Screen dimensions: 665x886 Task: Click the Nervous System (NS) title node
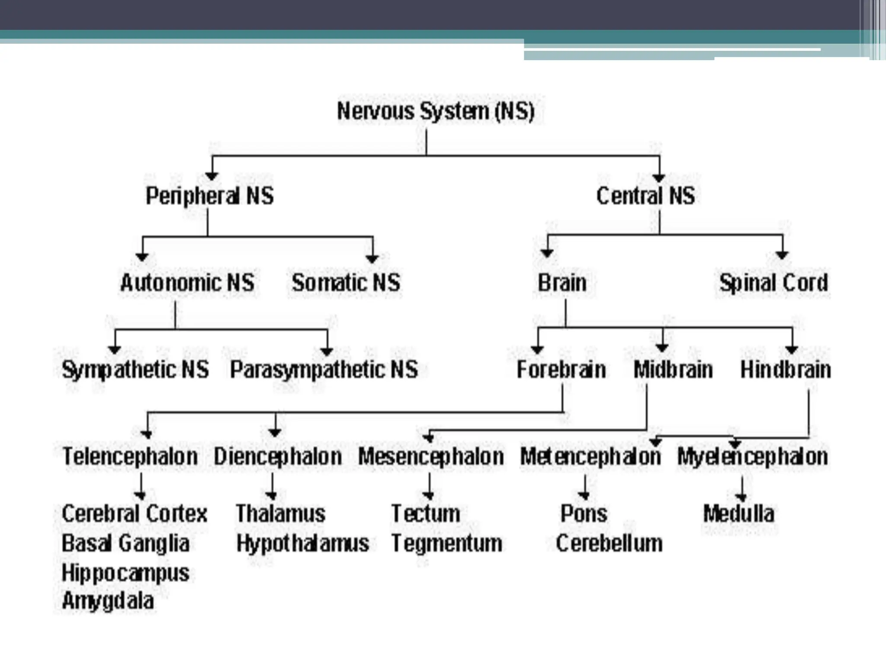[x=436, y=111]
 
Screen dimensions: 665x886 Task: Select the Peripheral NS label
[x=210, y=196]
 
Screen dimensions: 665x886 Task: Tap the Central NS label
[x=645, y=196]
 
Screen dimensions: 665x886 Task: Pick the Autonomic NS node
[x=187, y=283]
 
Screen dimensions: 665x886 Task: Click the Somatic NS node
[x=346, y=283]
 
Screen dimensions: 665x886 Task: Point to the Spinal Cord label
[x=774, y=283]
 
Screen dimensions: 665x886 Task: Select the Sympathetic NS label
[x=135, y=370]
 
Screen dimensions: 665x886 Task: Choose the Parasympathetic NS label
[x=324, y=370]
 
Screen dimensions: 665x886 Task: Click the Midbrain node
[x=673, y=370]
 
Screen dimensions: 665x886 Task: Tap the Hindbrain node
[x=786, y=370]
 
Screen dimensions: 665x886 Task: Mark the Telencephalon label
[x=130, y=456]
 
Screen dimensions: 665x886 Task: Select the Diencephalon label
[x=278, y=456]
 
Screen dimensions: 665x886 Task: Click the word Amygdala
[x=108, y=601]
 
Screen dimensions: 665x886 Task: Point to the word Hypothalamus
[x=302, y=543]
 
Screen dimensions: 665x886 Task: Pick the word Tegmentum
[x=447, y=543]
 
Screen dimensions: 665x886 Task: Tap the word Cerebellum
[x=609, y=543]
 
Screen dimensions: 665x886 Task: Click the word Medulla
[x=739, y=513]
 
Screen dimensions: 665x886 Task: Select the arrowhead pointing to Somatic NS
[x=372, y=258]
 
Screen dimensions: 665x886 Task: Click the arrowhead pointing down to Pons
[x=584, y=494]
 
